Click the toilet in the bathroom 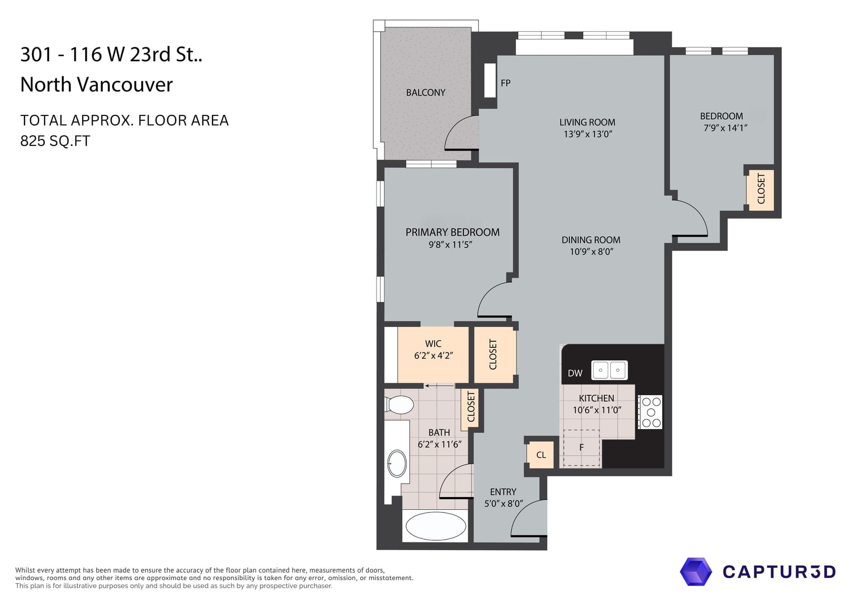click(x=399, y=405)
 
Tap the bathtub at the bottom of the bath click(x=436, y=526)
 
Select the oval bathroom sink click(x=397, y=464)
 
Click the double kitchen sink click(x=609, y=370)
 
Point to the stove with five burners click(x=650, y=412)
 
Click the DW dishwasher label click(x=575, y=374)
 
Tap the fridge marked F click(x=581, y=448)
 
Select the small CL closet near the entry click(x=541, y=455)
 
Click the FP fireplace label click(x=505, y=83)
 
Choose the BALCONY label click(x=425, y=93)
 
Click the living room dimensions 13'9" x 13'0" click(x=588, y=134)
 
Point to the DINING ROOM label click(x=591, y=240)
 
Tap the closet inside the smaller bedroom click(x=761, y=189)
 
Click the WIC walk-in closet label click(x=433, y=344)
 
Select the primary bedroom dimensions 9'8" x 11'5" click(x=450, y=244)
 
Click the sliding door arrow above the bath click(x=439, y=385)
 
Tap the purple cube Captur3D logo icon click(x=695, y=572)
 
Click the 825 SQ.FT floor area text click(x=55, y=141)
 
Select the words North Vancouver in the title click(x=96, y=85)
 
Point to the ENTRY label click(x=503, y=492)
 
